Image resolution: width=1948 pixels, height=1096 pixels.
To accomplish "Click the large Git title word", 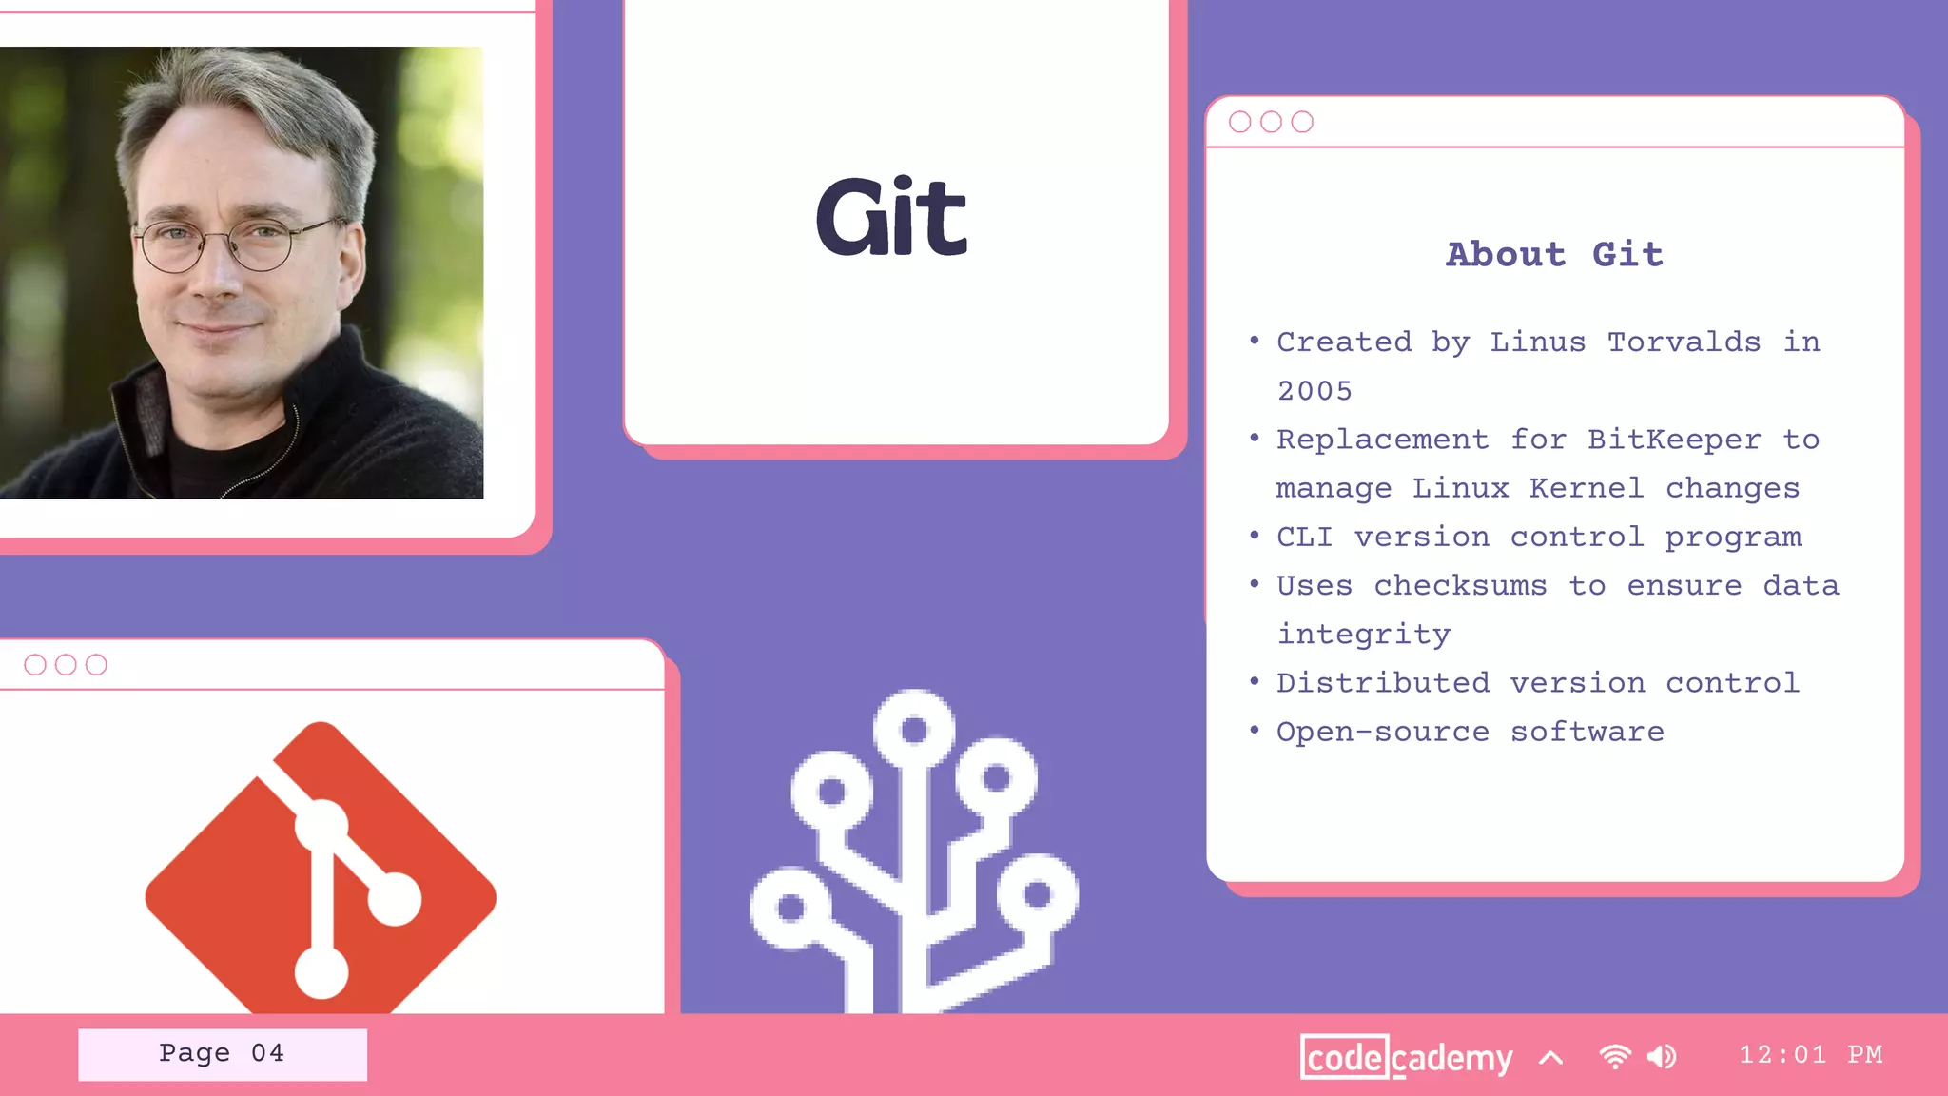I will click(892, 217).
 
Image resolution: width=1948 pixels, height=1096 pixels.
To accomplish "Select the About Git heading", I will click(1554, 254).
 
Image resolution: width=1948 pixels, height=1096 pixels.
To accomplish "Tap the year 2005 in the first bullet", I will click(1314, 391).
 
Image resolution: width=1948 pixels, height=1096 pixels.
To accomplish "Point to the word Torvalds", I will click(1684, 342).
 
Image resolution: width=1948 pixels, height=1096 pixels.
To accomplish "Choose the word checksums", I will click(1460, 585).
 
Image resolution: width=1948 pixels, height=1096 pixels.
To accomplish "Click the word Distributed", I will click(1382, 683).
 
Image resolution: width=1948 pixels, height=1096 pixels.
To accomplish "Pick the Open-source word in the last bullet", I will click(1382, 732).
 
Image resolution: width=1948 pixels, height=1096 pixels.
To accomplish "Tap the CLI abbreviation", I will click(1303, 537).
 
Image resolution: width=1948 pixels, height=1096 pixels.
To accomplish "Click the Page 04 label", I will click(222, 1053).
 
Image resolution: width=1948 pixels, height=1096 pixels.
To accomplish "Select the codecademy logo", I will click(1406, 1057).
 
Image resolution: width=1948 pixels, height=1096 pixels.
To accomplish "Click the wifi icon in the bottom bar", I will click(1614, 1056).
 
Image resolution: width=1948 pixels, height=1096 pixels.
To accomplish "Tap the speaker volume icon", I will click(1662, 1056).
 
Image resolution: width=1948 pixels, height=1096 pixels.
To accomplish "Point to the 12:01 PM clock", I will click(1810, 1054).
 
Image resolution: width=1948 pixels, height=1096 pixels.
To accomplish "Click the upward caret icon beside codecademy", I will click(1550, 1057).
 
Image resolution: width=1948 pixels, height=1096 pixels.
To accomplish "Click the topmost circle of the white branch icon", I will click(914, 729).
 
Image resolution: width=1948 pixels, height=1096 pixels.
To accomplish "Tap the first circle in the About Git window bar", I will click(1239, 122).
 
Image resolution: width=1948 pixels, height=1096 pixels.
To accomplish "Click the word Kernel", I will click(1586, 488).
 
